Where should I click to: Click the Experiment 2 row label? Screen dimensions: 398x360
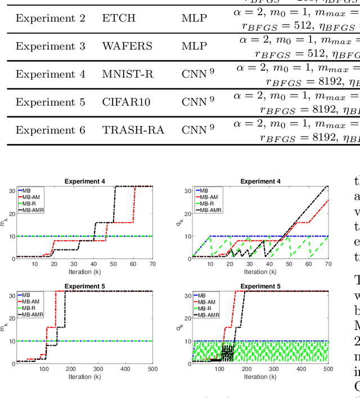coord(50,18)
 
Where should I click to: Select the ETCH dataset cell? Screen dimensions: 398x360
coord(119,18)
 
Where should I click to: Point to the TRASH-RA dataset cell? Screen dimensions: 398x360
coord(133,130)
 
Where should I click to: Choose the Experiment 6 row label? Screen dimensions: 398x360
coord(50,130)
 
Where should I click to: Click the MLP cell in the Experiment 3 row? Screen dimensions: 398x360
coord(194,46)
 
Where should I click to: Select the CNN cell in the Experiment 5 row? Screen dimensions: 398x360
coord(197,102)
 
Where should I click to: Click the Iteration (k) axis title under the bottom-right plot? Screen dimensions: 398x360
coord(260,377)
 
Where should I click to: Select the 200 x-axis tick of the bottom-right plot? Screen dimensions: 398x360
coord(246,369)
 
